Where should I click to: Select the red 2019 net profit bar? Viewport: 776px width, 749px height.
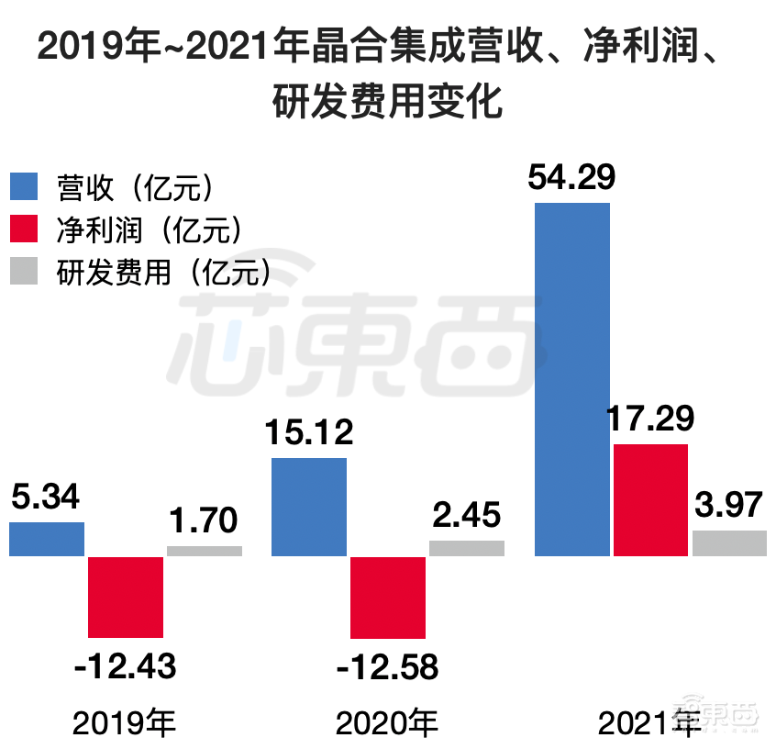(126, 597)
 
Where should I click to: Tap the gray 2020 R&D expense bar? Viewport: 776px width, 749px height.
(467, 548)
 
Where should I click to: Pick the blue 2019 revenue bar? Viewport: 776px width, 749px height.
(47, 539)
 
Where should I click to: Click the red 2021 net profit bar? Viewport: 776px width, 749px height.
(650, 499)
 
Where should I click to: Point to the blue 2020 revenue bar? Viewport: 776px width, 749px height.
(309, 507)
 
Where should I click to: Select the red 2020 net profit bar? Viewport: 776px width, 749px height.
(388, 598)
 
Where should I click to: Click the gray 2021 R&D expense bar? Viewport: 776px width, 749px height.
(729, 543)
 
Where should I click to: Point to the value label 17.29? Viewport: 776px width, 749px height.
(649, 419)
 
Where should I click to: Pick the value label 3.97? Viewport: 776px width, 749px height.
(729, 506)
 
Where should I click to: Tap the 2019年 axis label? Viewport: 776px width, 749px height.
(125, 724)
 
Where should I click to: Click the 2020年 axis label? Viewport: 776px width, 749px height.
(387, 724)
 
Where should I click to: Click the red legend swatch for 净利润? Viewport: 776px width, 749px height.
(25, 229)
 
